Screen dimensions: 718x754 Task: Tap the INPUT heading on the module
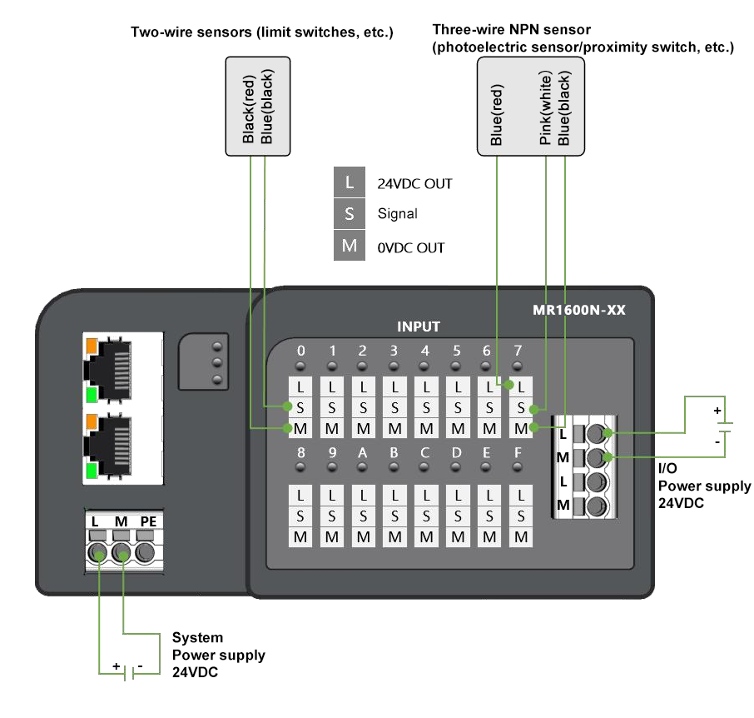pos(418,327)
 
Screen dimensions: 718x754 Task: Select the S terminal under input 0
pos(300,407)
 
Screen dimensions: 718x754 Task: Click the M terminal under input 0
pos(300,428)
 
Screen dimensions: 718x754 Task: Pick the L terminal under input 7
pos(520,386)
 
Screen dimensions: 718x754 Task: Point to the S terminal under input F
pos(520,516)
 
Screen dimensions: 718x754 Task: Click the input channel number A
pos(363,453)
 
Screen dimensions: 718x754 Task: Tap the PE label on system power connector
pos(148,521)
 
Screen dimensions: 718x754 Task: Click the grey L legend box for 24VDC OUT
pos(350,182)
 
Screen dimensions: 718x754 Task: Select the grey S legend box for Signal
pos(350,213)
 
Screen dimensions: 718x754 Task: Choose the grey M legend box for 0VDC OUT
pos(350,246)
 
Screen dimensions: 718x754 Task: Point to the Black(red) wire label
pos(248,107)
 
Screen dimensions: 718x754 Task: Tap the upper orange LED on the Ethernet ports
pos(91,343)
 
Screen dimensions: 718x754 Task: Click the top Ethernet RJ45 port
pos(121,366)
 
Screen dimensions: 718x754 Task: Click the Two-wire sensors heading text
pos(261,32)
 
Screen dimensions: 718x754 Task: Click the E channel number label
pos(489,453)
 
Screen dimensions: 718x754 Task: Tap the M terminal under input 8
pos(300,537)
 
